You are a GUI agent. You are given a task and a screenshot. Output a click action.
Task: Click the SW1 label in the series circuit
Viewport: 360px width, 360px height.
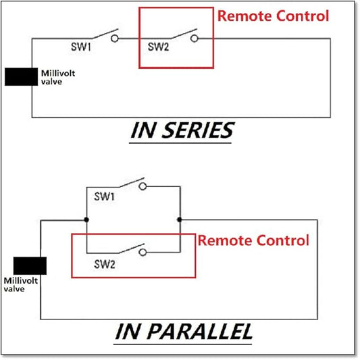81,47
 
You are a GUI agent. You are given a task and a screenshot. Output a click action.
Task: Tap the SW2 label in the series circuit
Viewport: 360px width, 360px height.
158,47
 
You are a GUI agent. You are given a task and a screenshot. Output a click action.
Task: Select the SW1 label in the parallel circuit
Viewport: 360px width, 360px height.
104,197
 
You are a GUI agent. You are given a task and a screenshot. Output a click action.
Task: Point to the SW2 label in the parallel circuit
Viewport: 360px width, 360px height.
105,264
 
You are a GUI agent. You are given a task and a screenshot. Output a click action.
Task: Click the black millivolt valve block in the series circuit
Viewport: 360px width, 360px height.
21,77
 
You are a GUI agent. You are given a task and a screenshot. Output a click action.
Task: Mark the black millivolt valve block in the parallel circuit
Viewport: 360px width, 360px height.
30,265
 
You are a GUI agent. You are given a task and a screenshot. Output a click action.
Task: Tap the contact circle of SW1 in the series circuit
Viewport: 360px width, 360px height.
115,38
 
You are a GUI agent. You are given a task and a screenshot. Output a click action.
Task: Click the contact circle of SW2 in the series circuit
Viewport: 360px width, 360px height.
195,38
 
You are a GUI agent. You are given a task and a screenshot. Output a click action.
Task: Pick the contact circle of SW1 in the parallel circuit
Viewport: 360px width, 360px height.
143,186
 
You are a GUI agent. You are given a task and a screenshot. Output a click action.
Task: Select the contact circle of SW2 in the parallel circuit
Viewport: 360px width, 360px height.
143,253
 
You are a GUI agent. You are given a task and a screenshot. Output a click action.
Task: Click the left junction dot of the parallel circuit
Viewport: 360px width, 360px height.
86,220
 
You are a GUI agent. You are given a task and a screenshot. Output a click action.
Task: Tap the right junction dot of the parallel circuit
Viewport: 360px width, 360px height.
179,220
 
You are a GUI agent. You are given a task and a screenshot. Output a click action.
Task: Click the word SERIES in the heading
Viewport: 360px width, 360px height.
198,130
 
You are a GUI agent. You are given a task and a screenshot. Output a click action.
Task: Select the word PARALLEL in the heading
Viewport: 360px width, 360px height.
200,332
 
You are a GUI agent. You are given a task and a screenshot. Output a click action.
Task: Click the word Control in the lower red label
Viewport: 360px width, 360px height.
282,240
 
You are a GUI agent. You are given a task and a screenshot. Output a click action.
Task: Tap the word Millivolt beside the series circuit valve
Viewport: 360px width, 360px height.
58,73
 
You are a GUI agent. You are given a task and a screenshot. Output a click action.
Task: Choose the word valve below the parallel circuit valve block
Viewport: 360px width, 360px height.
14,288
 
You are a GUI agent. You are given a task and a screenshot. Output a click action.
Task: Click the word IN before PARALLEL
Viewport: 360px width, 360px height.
128,332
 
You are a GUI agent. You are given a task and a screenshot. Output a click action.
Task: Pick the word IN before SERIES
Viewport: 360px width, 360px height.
143,130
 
